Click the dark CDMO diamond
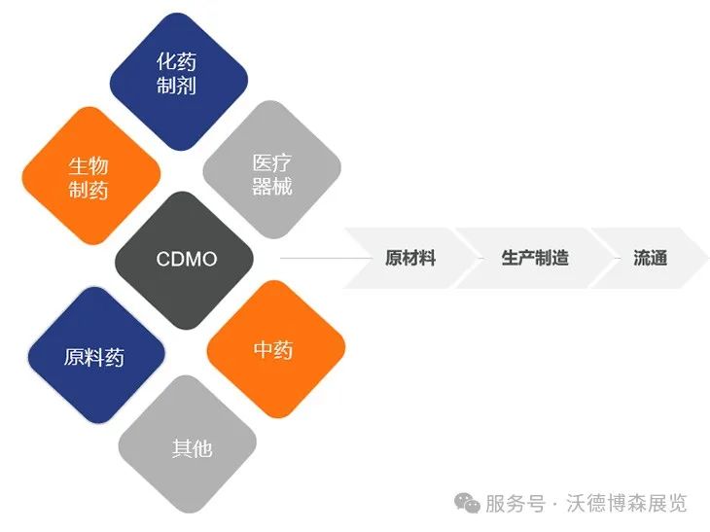point(185,260)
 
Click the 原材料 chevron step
point(408,258)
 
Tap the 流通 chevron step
point(650,258)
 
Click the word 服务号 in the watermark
point(515,504)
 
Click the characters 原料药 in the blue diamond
point(94,357)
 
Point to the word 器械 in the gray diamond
point(272,187)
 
